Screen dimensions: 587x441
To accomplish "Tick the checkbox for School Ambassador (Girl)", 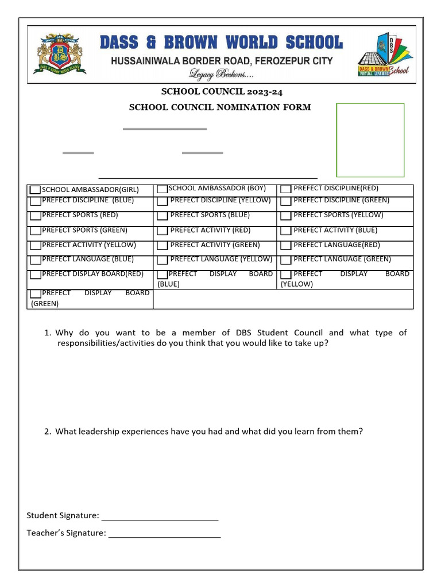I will (x=36, y=190).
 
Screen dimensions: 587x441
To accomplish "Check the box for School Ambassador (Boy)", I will (x=162, y=189).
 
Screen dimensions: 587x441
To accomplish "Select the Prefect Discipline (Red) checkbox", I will (x=285, y=189).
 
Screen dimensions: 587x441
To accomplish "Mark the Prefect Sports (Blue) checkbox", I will (x=162, y=216).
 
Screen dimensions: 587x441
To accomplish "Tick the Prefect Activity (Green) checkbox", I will (x=162, y=245).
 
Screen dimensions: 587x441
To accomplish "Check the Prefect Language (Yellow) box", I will (x=162, y=260).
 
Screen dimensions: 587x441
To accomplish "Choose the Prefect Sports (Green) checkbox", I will (x=36, y=230).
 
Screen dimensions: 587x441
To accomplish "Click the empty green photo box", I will (x=370, y=140).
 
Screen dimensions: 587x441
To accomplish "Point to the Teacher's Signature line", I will (x=164, y=534).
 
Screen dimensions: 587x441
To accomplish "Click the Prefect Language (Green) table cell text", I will (x=342, y=259).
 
